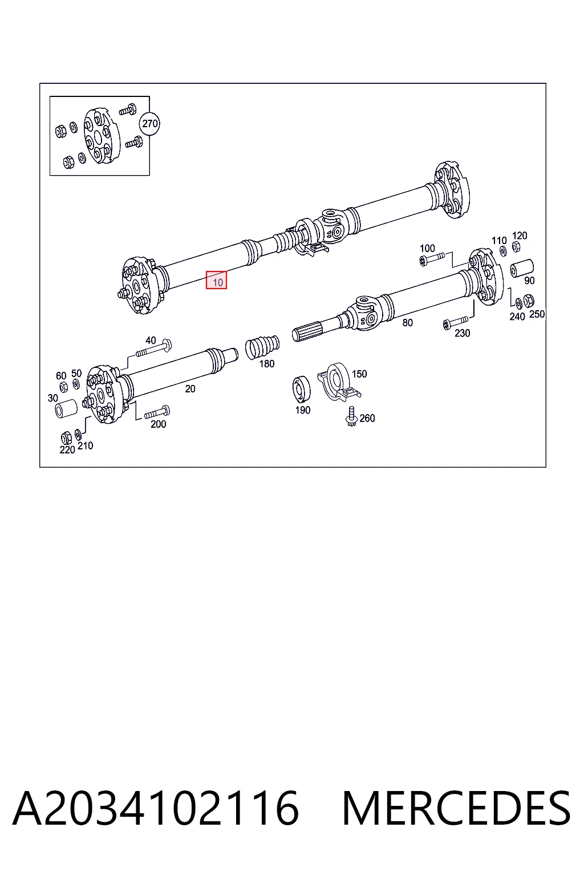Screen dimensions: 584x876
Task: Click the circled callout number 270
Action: (x=150, y=124)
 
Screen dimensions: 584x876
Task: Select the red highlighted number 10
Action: (x=216, y=280)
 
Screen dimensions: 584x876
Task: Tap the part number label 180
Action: (x=267, y=364)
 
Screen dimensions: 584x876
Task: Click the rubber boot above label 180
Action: (x=262, y=347)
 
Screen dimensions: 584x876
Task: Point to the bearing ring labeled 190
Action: (x=302, y=389)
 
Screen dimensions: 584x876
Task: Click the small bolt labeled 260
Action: (x=351, y=416)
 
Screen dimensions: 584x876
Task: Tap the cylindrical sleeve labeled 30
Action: (x=66, y=409)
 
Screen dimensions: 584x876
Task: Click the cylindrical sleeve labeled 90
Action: (x=522, y=268)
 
